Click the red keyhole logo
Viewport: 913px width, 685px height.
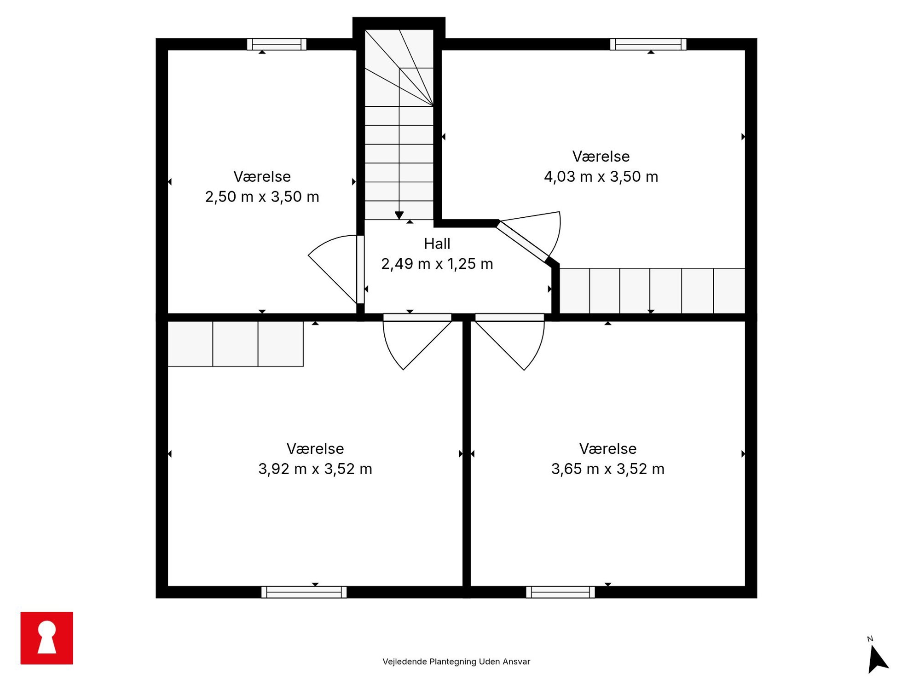46,638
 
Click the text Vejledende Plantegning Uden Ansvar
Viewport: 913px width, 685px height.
456,662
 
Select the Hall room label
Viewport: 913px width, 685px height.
437,244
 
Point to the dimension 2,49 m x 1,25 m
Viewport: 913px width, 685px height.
437,264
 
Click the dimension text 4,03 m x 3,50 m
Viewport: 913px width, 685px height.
601,177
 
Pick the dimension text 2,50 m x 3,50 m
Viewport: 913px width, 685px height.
262,197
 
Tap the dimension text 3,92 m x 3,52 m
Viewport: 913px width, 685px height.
315,469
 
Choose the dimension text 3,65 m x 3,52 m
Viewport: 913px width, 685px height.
607,469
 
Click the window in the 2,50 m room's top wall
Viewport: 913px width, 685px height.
277,44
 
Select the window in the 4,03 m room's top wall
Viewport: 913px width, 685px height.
648,44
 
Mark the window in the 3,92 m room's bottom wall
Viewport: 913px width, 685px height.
304,592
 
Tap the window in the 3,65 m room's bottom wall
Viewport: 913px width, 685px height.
560,592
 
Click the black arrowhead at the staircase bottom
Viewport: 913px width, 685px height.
399,215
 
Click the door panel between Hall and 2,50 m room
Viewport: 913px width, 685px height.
360,270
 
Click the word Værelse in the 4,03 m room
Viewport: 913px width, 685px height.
601,157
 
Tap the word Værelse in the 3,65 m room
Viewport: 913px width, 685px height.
607,449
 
